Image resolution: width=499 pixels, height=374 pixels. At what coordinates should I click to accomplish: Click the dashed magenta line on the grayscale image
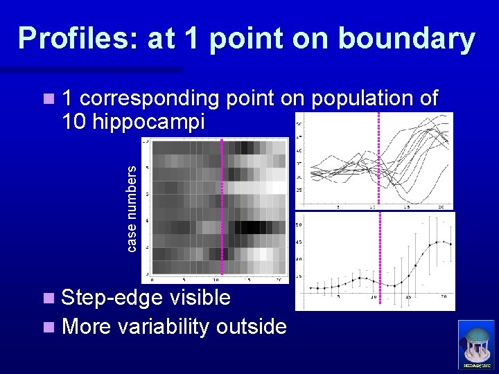coord(221,208)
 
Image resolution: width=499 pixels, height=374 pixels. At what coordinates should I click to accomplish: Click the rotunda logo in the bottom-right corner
coord(476,344)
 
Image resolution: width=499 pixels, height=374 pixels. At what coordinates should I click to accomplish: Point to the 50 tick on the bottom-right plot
coord(299,225)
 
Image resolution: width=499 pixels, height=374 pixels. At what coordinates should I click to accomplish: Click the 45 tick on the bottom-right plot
coord(299,242)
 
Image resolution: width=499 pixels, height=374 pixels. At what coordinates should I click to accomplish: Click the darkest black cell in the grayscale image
coord(255,226)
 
